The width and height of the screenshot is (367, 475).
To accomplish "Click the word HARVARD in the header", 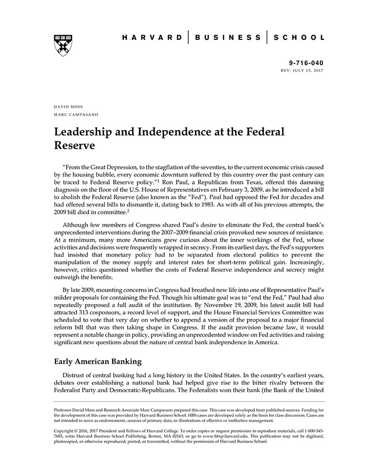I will pos(152,37).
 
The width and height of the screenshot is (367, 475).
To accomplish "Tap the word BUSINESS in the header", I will pos(229,37).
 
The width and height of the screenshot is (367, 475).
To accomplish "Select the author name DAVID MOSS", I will pos(68,106).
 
